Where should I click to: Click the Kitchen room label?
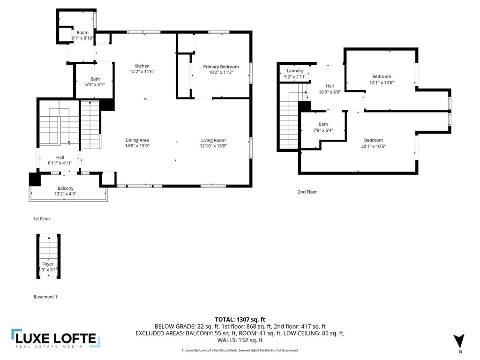coord(142,66)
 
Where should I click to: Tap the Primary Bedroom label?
coord(221,67)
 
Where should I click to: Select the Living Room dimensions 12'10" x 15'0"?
coord(213,146)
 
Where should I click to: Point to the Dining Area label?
coord(137,140)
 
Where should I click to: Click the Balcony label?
coord(65,188)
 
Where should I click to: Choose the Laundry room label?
coord(295,71)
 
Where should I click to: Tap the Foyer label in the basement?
coord(48,264)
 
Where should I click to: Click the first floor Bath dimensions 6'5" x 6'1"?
coord(95,85)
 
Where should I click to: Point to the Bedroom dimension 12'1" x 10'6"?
coord(382,82)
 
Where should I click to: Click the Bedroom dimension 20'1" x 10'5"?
coord(373,146)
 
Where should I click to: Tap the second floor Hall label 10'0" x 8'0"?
coord(330,89)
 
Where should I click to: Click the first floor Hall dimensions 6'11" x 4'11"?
coord(60,163)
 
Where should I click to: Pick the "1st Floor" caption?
coord(41,219)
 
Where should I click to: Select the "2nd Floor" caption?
coord(307,192)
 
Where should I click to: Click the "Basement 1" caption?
coord(45,297)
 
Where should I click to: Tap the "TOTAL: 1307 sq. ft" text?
coord(240,320)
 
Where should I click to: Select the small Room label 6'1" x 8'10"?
coord(82,36)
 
